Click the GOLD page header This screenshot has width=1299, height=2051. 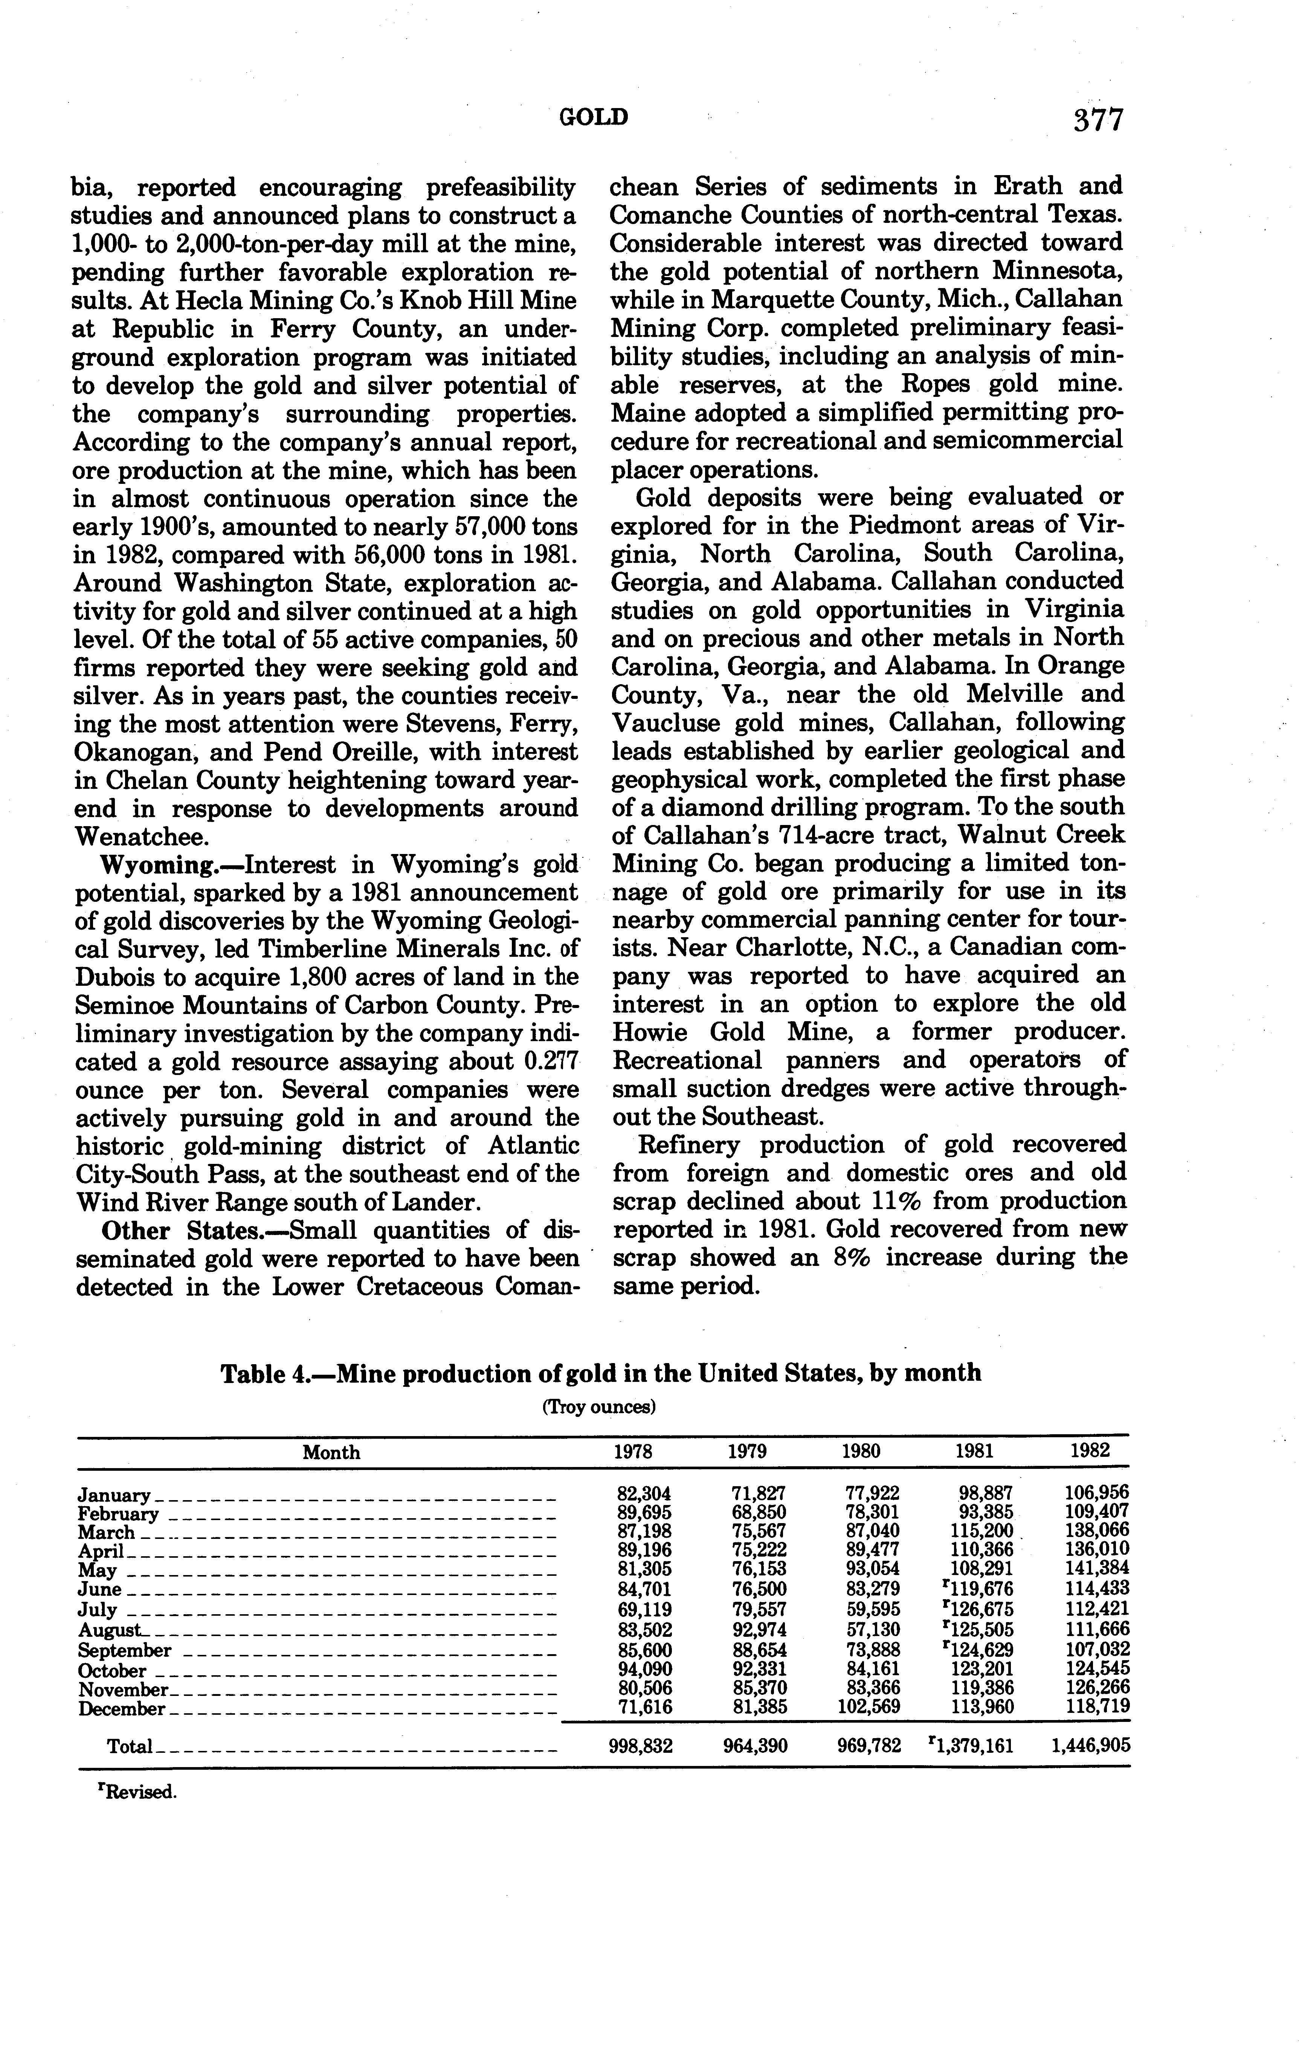(x=594, y=117)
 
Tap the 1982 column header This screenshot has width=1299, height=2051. (x=1090, y=1450)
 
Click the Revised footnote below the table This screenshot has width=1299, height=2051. (x=138, y=1792)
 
